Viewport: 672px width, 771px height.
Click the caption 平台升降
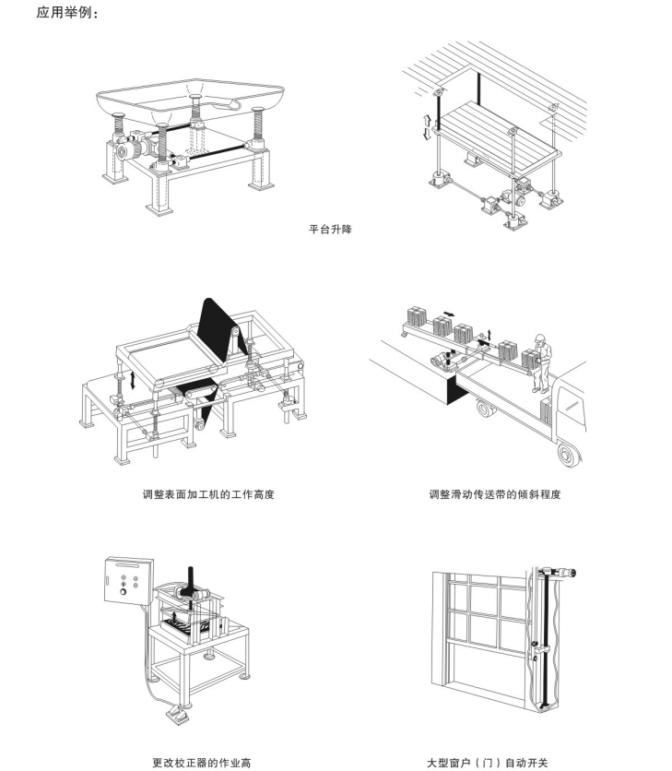[x=329, y=228]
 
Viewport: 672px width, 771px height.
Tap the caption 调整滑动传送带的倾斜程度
[x=495, y=494]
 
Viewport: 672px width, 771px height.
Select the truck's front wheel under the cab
[x=568, y=452]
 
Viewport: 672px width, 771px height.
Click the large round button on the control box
[x=123, y=592]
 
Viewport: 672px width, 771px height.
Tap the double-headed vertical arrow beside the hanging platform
[x=426, y=126]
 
